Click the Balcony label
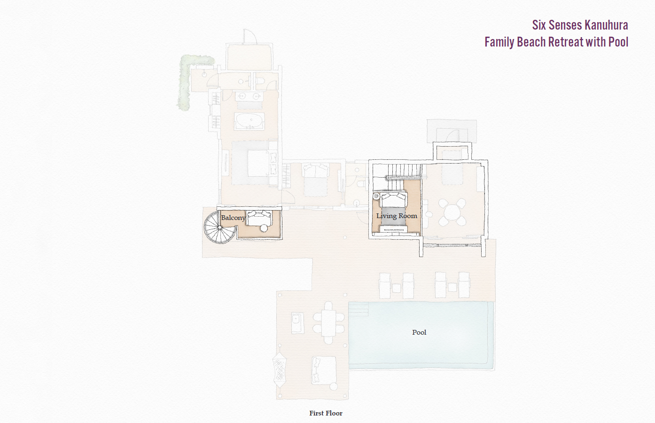233,218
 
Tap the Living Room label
397,216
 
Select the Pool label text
419,332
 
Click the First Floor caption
326,413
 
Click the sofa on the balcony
260,218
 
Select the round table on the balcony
264,228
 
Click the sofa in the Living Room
394,199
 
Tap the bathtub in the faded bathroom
249,121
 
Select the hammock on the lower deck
280,369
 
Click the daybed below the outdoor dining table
323,370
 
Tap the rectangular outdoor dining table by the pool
328,322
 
